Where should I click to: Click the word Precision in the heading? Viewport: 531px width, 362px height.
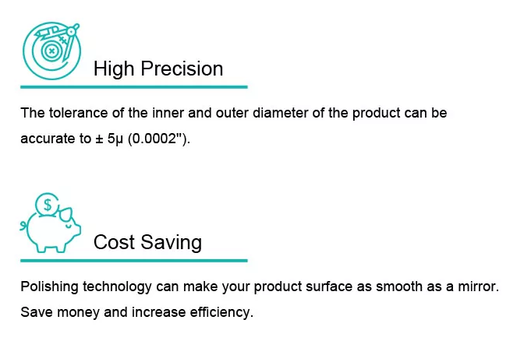pos(182,69)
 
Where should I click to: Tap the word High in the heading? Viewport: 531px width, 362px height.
pos(114,69)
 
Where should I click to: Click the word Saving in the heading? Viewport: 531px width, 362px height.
pos(171,243)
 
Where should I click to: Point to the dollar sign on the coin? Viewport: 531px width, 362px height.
pos(48,205)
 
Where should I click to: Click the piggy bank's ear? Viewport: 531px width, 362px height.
pos(65,213)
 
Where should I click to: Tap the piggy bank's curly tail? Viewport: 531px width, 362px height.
pos(23,226)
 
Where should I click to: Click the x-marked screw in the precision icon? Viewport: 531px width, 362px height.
pos(51,51)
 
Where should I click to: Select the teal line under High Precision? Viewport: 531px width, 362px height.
pos(134,87)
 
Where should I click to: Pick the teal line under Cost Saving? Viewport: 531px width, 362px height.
pos(134,261)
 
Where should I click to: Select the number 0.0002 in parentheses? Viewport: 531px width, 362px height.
pos(154,139)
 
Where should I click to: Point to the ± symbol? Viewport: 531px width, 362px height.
pos(99,139)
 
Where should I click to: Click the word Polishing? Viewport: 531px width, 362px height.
pos(49,286)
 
